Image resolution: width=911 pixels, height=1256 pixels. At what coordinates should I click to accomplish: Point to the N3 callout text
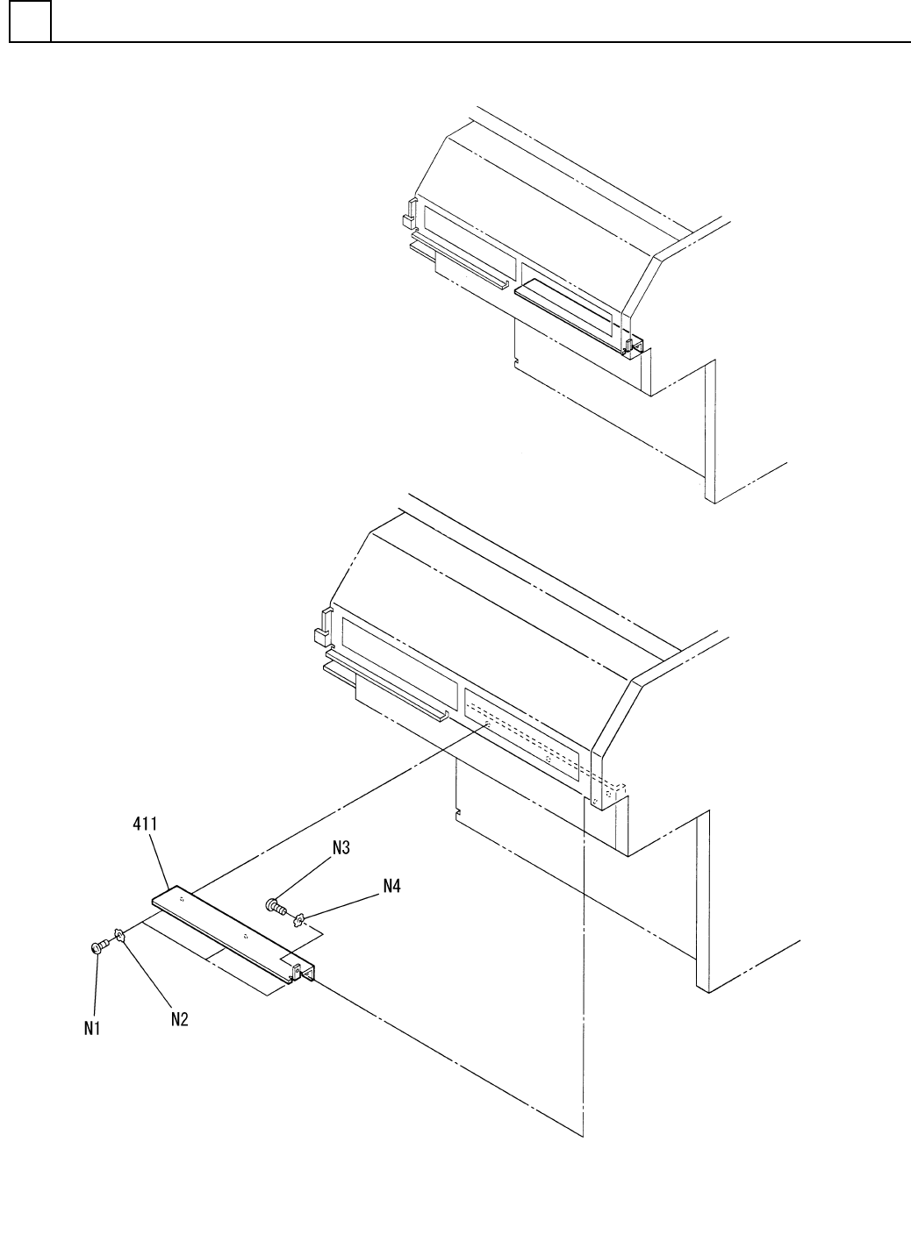tap(341, 847)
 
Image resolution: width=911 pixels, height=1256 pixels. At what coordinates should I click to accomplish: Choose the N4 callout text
tap(391, 886)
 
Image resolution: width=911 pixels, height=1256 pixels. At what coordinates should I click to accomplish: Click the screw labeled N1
tap(98, 946)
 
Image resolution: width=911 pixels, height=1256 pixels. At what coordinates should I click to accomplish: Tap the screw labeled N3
tap(276, 905)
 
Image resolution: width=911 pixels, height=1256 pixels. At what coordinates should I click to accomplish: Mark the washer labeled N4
tap(298, 919)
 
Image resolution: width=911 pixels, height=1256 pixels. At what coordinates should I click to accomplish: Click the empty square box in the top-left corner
tap(30, 21)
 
